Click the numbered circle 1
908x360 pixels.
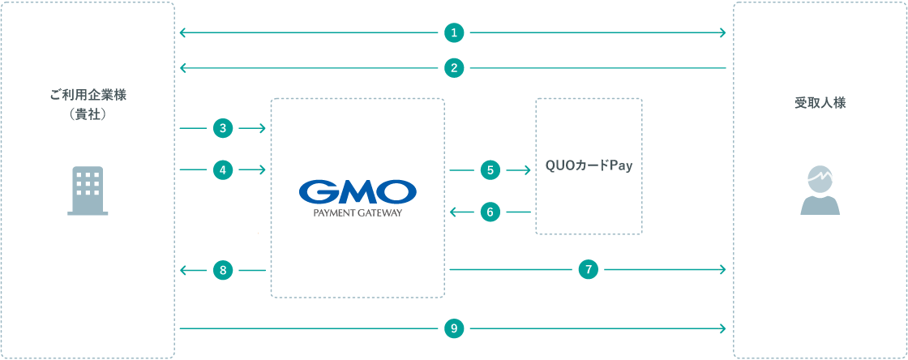[x=454, y=33]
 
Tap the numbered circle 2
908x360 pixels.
[x=454, y=68]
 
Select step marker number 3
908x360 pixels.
[x=223, y=128]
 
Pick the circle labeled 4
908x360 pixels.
[x=223, y=169]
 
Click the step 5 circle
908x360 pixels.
[x=490, y=170]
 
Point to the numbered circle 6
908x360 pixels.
[x=490, y=212]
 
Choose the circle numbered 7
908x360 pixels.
[x=589, y=269]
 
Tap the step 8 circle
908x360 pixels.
[x=223, y=270]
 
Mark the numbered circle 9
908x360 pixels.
[x=454, y=328]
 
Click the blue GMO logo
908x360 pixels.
[x=358, y=192]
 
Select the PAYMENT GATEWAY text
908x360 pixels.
[x=358, y=212]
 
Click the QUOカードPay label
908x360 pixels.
[x=589, y=165]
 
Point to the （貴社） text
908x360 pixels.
[x=88, y=114]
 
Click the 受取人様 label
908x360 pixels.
[x=820, y=104]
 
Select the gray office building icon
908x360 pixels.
[x=88, y=191]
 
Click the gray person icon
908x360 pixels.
[x=820, y=191]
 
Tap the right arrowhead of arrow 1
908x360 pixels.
[x=722, y=33]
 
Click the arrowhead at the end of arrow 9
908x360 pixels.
[x=722, y=328]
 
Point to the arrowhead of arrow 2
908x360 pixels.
[x=183, y=68]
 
